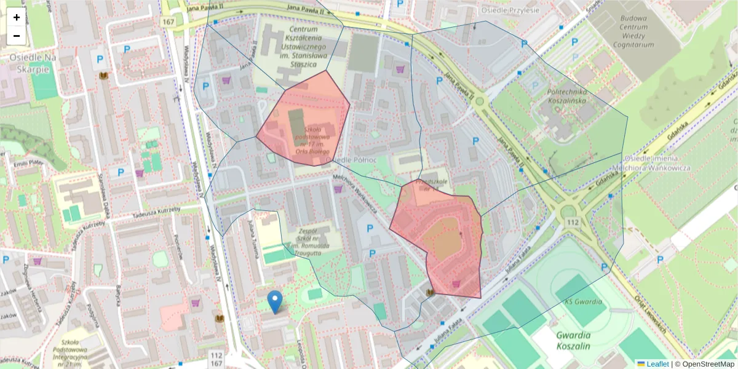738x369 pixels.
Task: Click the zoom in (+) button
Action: (x=17, y=17)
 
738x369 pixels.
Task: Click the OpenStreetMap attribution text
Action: (x=707, y=364)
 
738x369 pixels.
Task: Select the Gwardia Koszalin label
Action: (x=573, y=341)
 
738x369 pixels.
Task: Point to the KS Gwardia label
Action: (x=584, y=302)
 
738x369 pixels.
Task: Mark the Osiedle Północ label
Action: (x=351, y=160)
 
